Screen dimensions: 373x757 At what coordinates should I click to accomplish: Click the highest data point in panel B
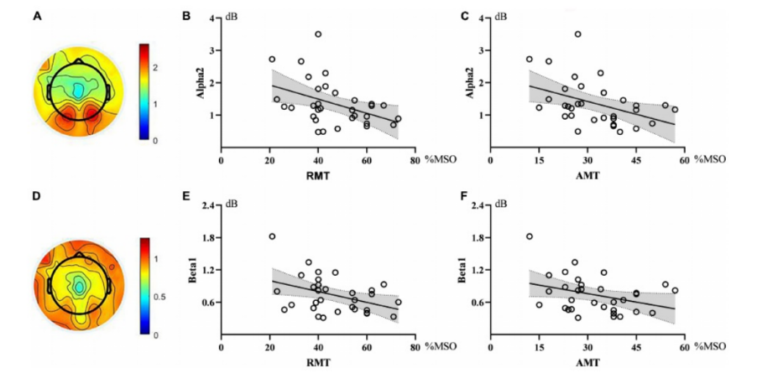click(x=318, y=34)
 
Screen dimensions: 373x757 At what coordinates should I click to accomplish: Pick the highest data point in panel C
click(x=577, y=34)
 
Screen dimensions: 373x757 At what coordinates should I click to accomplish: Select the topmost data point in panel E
click(x=272, y=236)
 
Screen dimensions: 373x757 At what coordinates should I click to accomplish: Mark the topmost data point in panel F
click(x=530, y=236)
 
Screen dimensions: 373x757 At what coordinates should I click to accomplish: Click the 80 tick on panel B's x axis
click(x=415, y=156)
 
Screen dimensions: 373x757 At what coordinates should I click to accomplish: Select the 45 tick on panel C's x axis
click(x=635, y=156)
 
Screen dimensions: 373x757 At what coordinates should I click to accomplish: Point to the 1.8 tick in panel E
click(x=209, y=237)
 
